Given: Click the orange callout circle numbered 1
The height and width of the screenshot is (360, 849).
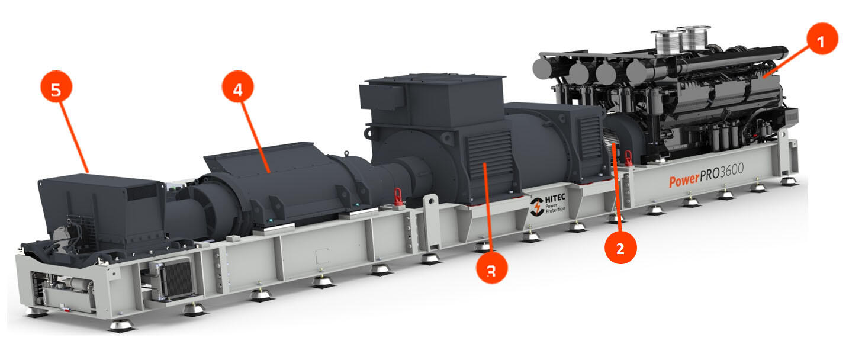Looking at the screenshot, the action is (x=822, y=38).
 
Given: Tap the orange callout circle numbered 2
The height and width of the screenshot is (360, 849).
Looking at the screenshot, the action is (x=620, y=248).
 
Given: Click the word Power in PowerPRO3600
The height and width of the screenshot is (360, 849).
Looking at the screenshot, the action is (x=684, y=180).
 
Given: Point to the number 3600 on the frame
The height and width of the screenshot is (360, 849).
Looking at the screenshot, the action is (x=732, y=171).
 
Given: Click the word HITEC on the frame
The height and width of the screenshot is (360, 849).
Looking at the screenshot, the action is (x=555, y=198).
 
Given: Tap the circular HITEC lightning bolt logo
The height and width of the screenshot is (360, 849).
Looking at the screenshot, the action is (x=537, y=207).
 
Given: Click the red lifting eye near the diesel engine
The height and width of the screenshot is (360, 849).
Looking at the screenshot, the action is (x=628, y=158).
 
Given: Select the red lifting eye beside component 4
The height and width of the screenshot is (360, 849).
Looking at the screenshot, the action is (x=398, y=197).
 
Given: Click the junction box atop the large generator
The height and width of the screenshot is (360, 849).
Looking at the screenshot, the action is (x=381, y=97).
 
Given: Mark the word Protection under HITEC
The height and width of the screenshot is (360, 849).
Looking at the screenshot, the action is (x=555, y=210).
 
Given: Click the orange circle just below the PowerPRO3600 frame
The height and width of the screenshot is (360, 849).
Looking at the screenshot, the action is (x=620, y=248).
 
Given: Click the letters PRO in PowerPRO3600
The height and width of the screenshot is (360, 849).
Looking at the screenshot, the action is (x=709, y=175).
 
